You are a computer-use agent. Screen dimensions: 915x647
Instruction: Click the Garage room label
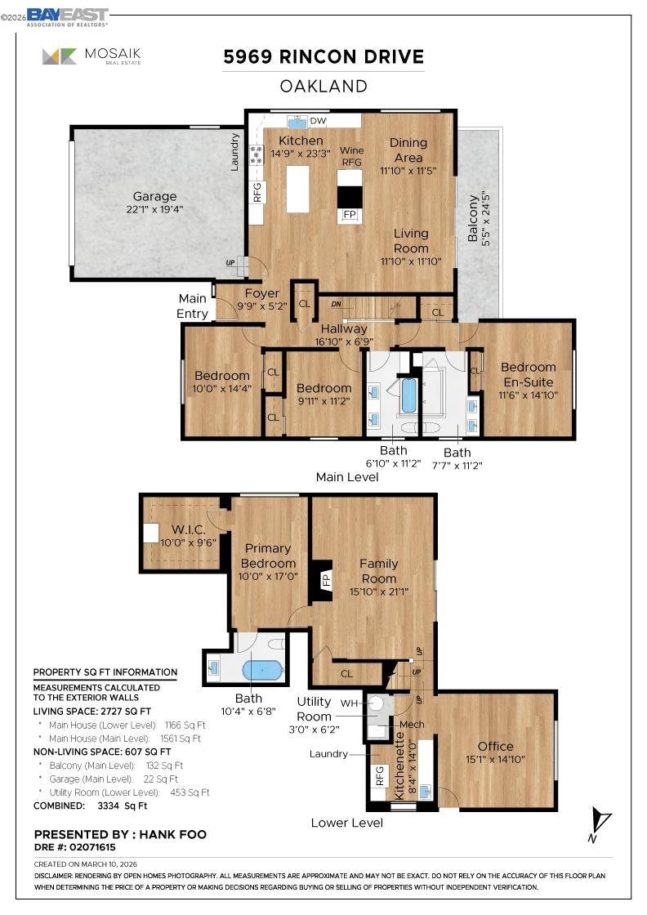154,197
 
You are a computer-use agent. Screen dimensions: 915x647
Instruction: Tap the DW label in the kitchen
319,122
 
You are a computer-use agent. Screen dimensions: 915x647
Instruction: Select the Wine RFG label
351,156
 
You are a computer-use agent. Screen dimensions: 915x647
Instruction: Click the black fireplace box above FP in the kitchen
350,197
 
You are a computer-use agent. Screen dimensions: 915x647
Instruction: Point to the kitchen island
299,189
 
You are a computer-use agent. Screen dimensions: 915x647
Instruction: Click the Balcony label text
472,218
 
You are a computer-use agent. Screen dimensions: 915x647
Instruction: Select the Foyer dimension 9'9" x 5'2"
261,306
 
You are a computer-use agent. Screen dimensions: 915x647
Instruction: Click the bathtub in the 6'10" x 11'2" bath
408,395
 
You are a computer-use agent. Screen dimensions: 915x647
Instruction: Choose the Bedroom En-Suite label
527,374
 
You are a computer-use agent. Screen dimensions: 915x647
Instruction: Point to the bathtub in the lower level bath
263,670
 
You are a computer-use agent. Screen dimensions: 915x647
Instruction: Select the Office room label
495,746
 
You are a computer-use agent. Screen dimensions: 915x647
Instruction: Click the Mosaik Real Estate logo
92,56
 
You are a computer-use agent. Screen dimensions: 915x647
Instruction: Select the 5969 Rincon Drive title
323,57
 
